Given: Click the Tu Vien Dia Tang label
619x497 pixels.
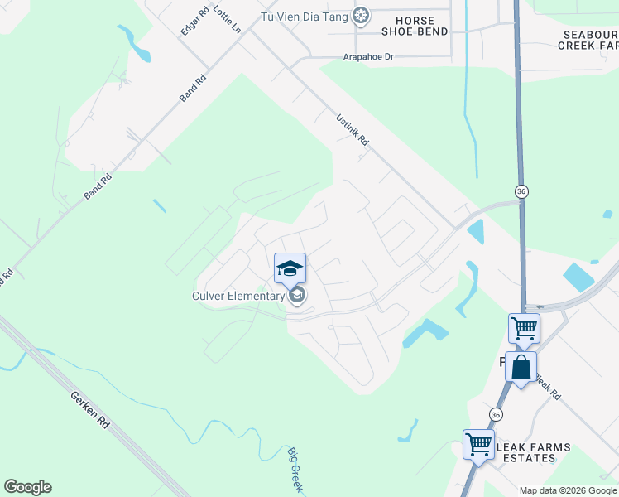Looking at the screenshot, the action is tap(305, 16).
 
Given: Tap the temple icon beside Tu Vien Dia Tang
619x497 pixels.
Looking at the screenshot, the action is tap(361, 15).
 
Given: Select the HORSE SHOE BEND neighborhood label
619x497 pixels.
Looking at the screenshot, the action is tap(415, 26).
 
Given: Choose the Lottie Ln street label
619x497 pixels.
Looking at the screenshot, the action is tap(226, 18).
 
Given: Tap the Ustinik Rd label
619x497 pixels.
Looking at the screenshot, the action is tap(352, 130).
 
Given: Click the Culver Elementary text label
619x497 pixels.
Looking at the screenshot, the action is tap(238, 295).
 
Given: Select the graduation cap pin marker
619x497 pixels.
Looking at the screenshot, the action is tap(290, 268).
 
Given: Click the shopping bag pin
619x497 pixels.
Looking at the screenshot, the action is tap(521, 367).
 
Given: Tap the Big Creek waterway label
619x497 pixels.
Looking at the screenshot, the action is tap(295, 469).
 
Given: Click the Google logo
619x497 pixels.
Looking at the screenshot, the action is tap(27, 487).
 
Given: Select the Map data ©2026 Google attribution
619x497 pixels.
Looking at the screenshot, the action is tap(568, 490).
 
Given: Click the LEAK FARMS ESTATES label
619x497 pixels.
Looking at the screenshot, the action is tap(534, 452).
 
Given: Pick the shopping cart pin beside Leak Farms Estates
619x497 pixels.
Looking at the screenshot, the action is tap(478, 444).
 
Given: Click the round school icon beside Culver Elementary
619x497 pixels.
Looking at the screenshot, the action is tap(297, 295).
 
